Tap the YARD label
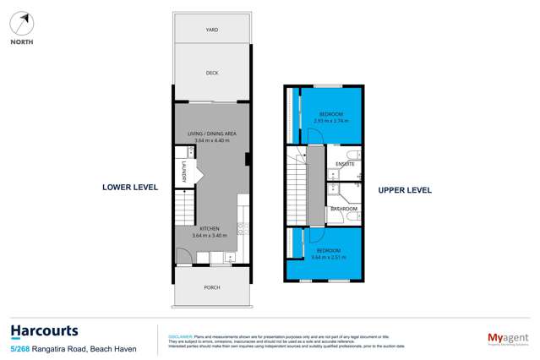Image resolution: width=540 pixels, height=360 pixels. [212, 30]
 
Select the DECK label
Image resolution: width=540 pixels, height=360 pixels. [212, 74]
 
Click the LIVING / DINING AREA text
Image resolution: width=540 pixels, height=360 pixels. [211, 133]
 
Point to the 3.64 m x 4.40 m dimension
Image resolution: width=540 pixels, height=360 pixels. [211, 140]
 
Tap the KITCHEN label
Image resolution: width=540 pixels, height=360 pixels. [210, 228]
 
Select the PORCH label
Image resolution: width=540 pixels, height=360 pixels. [212, 287]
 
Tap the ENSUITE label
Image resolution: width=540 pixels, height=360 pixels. [345, 164]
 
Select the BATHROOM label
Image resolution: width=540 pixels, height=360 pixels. [343, 209]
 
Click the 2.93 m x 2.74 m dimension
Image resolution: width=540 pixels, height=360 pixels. [331, 121]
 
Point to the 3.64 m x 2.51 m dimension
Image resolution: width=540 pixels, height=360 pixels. [329, 257]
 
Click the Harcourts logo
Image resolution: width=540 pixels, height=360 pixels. [44, 331]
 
